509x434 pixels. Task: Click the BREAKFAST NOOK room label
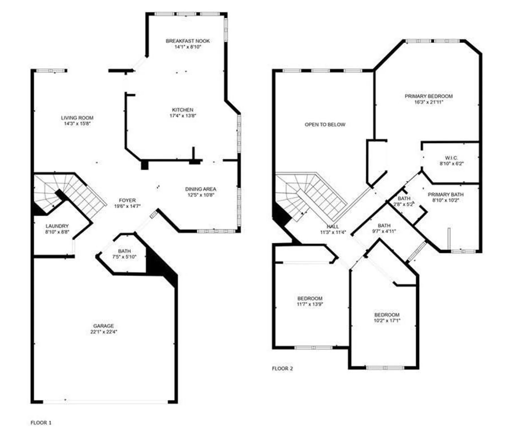pyautogui.click(x=188, y=41)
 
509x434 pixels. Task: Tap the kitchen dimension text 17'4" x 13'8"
pyautogui.click(x=183, y=115)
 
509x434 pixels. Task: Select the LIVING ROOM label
pyautogui.click(x=77, y=118)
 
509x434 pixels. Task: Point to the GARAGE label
pyautogui.click(x=103, y=326)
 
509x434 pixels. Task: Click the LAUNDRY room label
pyautogui.click(x=57, y=226)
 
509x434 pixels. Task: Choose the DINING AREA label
pyautogui.click(x=201, y=189)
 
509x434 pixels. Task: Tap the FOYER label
pyautogui.click(x=127, y=200)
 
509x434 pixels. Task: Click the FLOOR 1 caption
pyautogui.click(x=41, y=423)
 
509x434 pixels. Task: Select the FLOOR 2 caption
pyautogui.click(x=282, y=368)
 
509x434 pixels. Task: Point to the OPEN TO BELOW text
pyautogui.click(x=325, y=124)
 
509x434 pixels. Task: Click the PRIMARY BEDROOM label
pyautogui.click(x=429, y=96)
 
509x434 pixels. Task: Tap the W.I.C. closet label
pyautogui.click(x=452, y=158)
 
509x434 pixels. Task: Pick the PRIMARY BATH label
pyautogui.click(x=446, y=195)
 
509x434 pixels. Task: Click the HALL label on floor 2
pyautogui.click(x=333, y=227)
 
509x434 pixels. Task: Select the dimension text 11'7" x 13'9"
pyautogui.click(x=310, y=304)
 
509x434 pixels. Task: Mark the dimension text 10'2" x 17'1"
pyautogui.click(x=387, y=321)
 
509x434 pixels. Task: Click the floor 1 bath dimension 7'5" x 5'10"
pyautogui.click(x=124, y=257)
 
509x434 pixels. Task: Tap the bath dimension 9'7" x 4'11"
pyautogui.click(x=384, y=231)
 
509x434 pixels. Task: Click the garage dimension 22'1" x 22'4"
pyautogui.click(x=104, y=332)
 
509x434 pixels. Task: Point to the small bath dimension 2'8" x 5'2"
pyautogui.click(x=404, y=204)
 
